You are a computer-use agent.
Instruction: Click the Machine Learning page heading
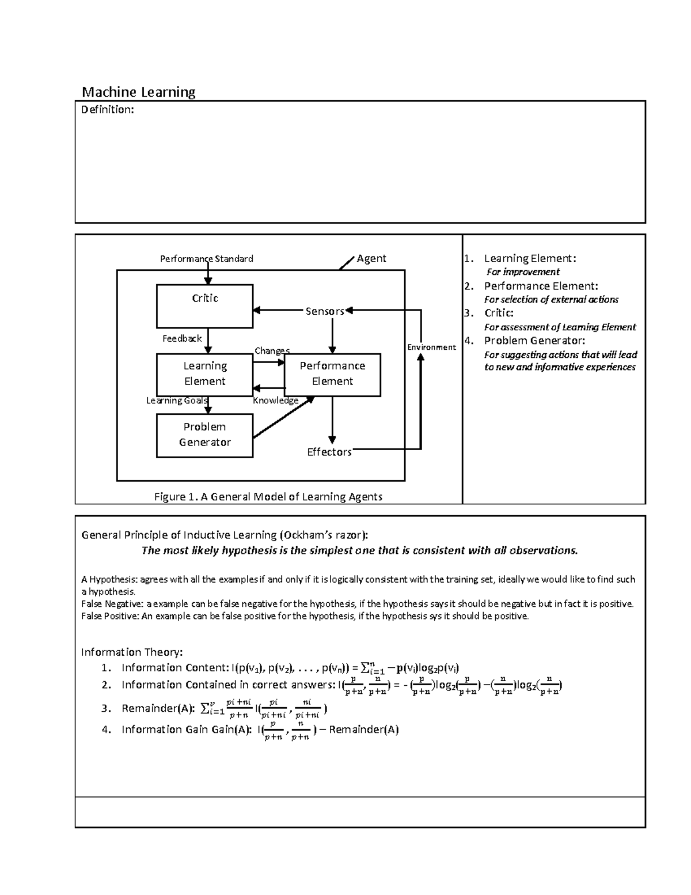(x=138, y=92)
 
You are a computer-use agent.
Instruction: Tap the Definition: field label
(x=107, y=109)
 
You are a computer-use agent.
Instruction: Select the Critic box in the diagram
(x=204, y=305)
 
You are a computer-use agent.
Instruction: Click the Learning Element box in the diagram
(x=204, y=374)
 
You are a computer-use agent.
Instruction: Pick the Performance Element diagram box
(x=332, y=374)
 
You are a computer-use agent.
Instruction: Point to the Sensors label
(x=324, y=311)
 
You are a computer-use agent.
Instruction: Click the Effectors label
(x=329, y=452)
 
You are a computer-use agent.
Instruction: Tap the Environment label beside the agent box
(x=431, y=347)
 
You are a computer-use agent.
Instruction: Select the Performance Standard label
(x=206, y=259)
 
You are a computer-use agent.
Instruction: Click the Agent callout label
(x=371, y=258)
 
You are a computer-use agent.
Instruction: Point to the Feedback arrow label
(x=182, y=338)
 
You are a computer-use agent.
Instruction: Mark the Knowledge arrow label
(x=275, y=401)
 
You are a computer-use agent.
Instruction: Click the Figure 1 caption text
(x=268, y=496)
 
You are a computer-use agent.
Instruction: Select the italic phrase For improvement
(x=522, y=271)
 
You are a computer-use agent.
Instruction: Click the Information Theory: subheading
(x=132, y=652)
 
